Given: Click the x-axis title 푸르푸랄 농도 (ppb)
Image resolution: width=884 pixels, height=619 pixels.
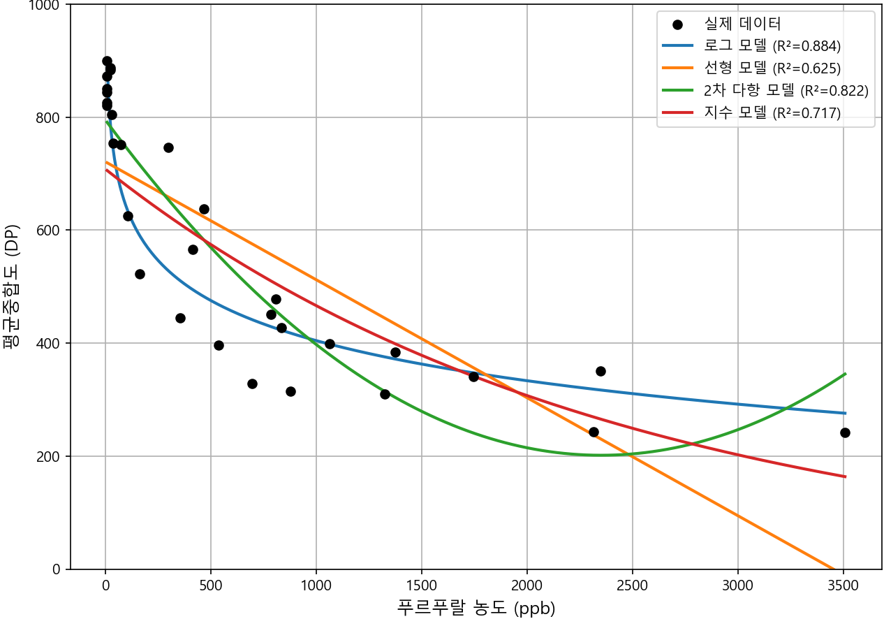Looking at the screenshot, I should tap(476, 608).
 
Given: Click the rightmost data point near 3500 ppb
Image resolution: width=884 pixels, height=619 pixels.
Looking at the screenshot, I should tap(845, 432).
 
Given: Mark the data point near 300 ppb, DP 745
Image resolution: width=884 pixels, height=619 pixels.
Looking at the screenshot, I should tap(168, 147).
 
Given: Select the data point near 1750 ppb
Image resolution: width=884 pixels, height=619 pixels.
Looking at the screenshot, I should tap(473, 377).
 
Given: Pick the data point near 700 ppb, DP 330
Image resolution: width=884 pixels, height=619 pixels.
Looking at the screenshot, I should tap(252, 384).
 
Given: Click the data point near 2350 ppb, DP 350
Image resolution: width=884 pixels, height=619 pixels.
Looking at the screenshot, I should tap(601, 371).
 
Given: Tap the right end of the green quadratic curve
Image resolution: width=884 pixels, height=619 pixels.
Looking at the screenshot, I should tap(846, 374).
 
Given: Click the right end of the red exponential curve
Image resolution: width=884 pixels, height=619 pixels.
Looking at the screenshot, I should tap(846, 476).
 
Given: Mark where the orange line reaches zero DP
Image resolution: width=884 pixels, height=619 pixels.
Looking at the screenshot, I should tap(833, 569).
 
